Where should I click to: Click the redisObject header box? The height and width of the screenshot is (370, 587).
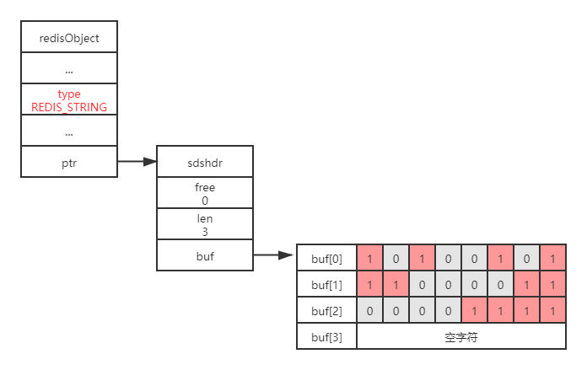coord(69,38)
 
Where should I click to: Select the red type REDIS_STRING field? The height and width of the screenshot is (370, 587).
coord(69,101)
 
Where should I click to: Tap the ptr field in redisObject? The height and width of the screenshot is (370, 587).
coord(69,162)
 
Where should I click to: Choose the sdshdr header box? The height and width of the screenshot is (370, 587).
coord(205,162)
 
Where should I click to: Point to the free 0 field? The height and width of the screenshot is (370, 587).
coord(205,194)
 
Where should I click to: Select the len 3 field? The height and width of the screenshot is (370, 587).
coord(205,224)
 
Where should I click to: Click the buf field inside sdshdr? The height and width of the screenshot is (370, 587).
coord(205,255)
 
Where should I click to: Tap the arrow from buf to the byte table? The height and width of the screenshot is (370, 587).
coord(274,255)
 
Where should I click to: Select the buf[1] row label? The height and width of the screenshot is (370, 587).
coord(327,285)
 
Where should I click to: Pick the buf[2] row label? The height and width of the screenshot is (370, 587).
coord(327,311)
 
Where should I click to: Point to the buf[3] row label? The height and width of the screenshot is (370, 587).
coord(327,337)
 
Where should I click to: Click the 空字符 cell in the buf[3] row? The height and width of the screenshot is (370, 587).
coord(461,337)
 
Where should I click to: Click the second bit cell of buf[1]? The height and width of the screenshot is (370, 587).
coord(396,285)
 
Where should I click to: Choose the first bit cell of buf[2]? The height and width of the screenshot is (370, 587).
coord(370,311)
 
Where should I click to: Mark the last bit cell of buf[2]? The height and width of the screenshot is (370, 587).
coord(552,311)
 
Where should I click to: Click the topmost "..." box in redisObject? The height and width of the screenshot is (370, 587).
coord(69,70)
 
